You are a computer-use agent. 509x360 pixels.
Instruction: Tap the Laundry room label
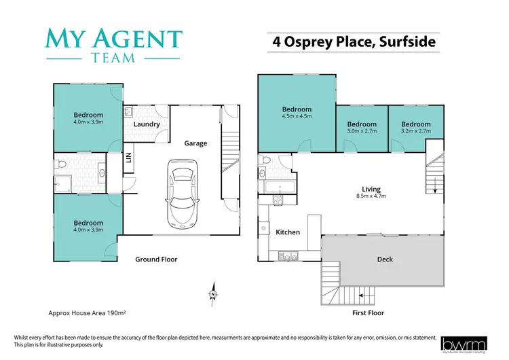(147, 124)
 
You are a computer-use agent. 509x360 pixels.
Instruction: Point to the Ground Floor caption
(156, 259)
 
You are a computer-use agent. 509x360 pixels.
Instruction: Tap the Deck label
(385, 259)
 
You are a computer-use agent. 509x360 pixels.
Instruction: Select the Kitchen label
(288, 232)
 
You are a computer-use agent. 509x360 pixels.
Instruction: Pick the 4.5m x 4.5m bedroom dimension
(297, 117)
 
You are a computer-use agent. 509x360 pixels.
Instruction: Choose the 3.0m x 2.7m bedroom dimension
(362, 132)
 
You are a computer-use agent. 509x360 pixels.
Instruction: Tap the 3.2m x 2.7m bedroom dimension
(415, 132)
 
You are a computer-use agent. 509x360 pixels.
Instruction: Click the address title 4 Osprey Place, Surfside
(354, 41)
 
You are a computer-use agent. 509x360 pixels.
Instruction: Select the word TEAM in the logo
(113, 58)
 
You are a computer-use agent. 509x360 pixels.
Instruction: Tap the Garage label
(195, 143)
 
